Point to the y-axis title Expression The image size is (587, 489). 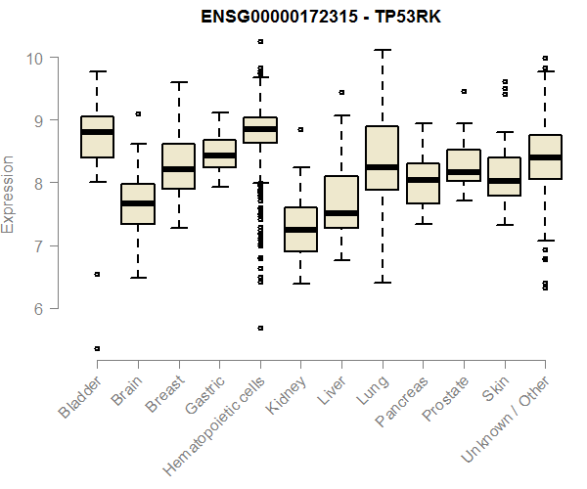coord(9,193)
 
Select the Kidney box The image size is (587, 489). coord(300,229)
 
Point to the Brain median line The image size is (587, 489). coord(138,203)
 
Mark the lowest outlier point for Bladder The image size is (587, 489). coord(97,348)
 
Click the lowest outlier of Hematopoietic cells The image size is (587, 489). coord(259,328)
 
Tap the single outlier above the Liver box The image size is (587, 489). coord(341,92)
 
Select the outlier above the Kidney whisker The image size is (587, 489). coord(300,129)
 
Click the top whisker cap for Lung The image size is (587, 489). coord(382,49)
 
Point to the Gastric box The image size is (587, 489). coord(219,154)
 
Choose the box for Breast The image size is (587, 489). coord(178,166)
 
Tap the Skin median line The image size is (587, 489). coord(504,180)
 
